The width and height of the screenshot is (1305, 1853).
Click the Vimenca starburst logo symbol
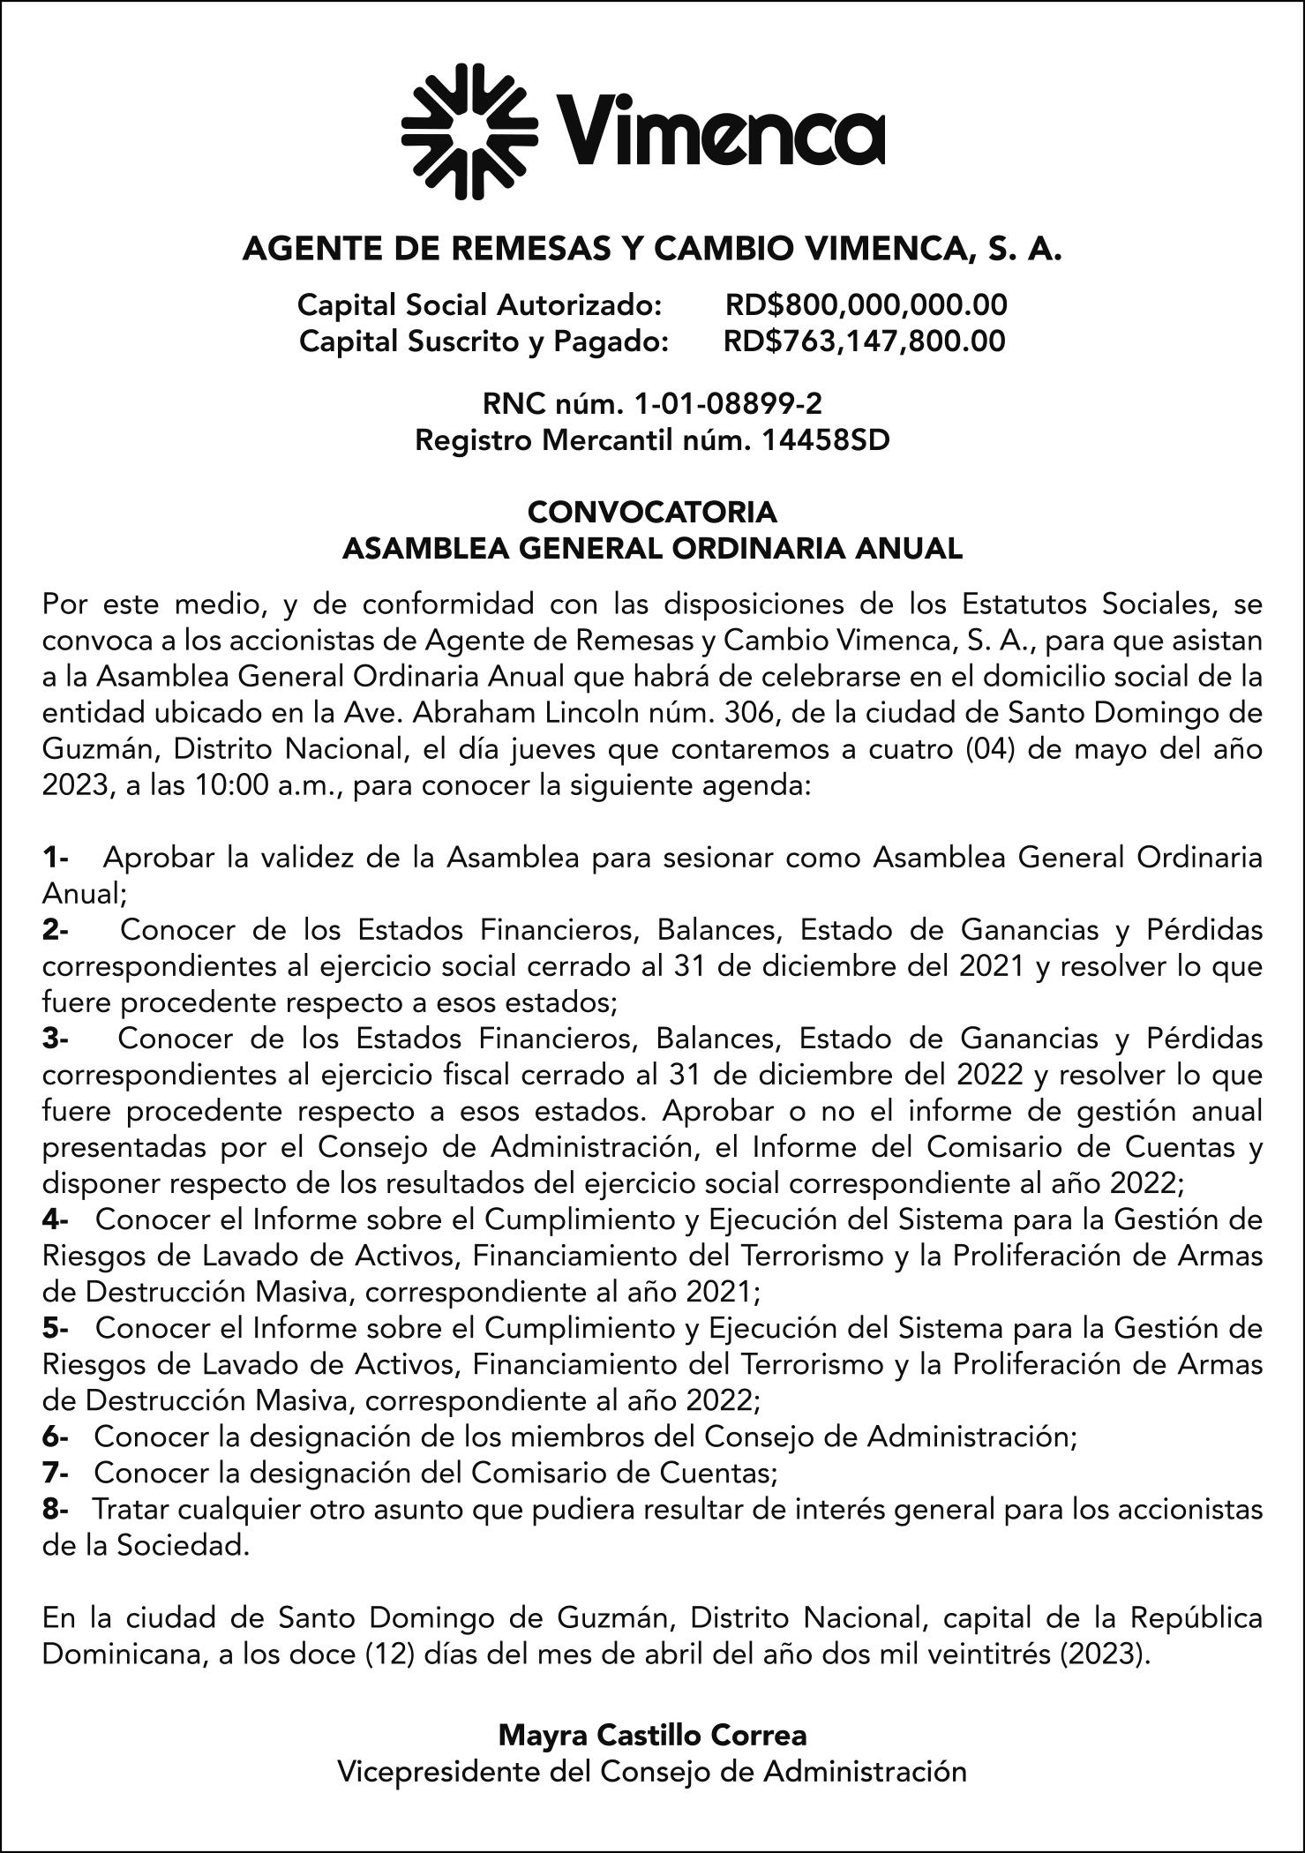click(x=469, y=131)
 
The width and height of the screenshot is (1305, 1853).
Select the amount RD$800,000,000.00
click(x=866, y=305)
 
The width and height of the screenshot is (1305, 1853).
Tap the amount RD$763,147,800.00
click(x=864, y=341)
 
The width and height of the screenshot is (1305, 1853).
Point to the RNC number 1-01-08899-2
click(x=728, y=404)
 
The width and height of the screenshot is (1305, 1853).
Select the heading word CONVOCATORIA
click(x=652, y=512)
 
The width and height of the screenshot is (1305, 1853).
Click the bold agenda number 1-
click(x=56, y=857)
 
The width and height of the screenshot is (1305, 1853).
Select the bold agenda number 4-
click(x=56, y=1219)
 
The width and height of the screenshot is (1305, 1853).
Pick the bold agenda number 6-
click(x=56, y=1437)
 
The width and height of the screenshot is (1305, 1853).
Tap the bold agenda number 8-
click(x=56, y=1509)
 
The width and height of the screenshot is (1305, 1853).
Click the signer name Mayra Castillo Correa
click(x=652, y=1736)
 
